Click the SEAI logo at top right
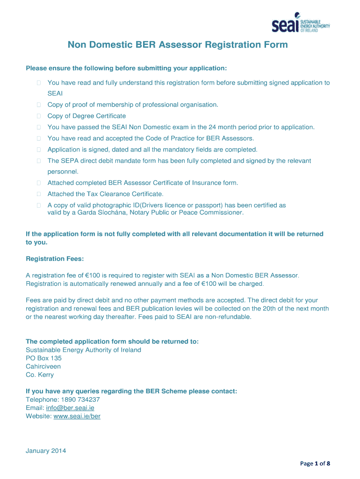301,24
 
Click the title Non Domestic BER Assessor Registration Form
178,45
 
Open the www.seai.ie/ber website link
77,416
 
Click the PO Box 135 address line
43,358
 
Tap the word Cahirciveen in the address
43,366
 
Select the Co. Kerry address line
40,375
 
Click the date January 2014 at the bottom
46,451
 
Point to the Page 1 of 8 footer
315,464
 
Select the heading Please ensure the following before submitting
126,68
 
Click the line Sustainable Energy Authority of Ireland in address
83,350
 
